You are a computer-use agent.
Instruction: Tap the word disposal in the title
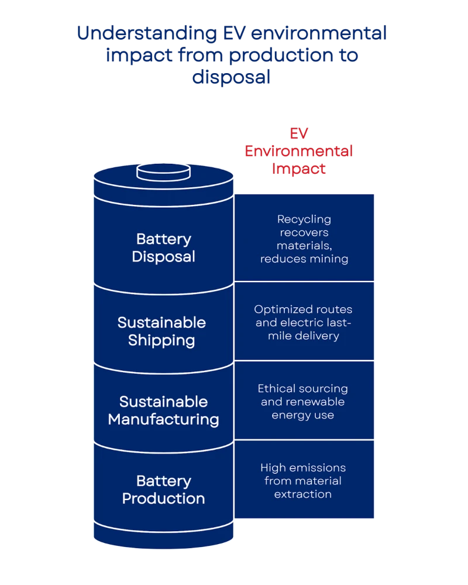(x=232, y=77)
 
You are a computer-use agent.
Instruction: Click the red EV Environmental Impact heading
(x=298, y=151)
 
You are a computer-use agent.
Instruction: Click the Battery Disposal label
(x=163, y=248)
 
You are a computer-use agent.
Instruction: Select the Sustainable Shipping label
(x=162, y=331)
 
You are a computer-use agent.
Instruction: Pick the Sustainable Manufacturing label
(x=163, y=411)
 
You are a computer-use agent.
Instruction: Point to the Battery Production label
(x=163, y=490)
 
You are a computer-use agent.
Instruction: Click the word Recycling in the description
(x=304, y=219)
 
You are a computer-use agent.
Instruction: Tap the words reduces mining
(x=304, y=259)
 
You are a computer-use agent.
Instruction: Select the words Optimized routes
(x=303, y=309)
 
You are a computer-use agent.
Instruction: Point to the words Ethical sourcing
(x=303, y=389)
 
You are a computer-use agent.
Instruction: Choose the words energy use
(x=303, y=415)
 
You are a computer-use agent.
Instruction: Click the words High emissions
(x=303, y=468)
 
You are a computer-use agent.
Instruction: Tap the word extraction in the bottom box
(x=303, y=494)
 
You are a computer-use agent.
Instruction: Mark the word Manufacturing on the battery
(x=163, y=419)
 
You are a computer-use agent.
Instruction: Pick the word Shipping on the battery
(x=162, y=340)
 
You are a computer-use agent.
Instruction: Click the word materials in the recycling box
(x=303, y=246)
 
